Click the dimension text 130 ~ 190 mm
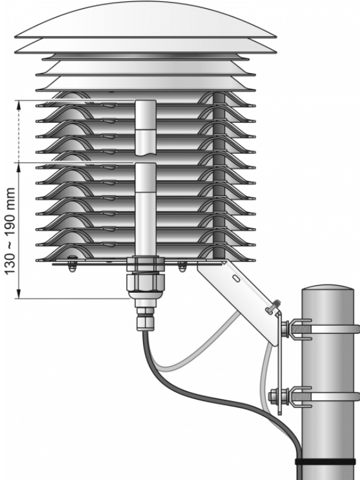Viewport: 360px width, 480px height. coord(10,231)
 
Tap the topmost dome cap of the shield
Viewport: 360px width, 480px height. coord(146,20)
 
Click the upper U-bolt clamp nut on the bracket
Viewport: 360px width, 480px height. coord(284,329)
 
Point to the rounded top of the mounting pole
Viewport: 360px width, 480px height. coord(328,289)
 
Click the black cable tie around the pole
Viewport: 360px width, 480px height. coord(325,462)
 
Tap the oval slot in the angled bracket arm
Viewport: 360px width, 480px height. coord(236,278)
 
